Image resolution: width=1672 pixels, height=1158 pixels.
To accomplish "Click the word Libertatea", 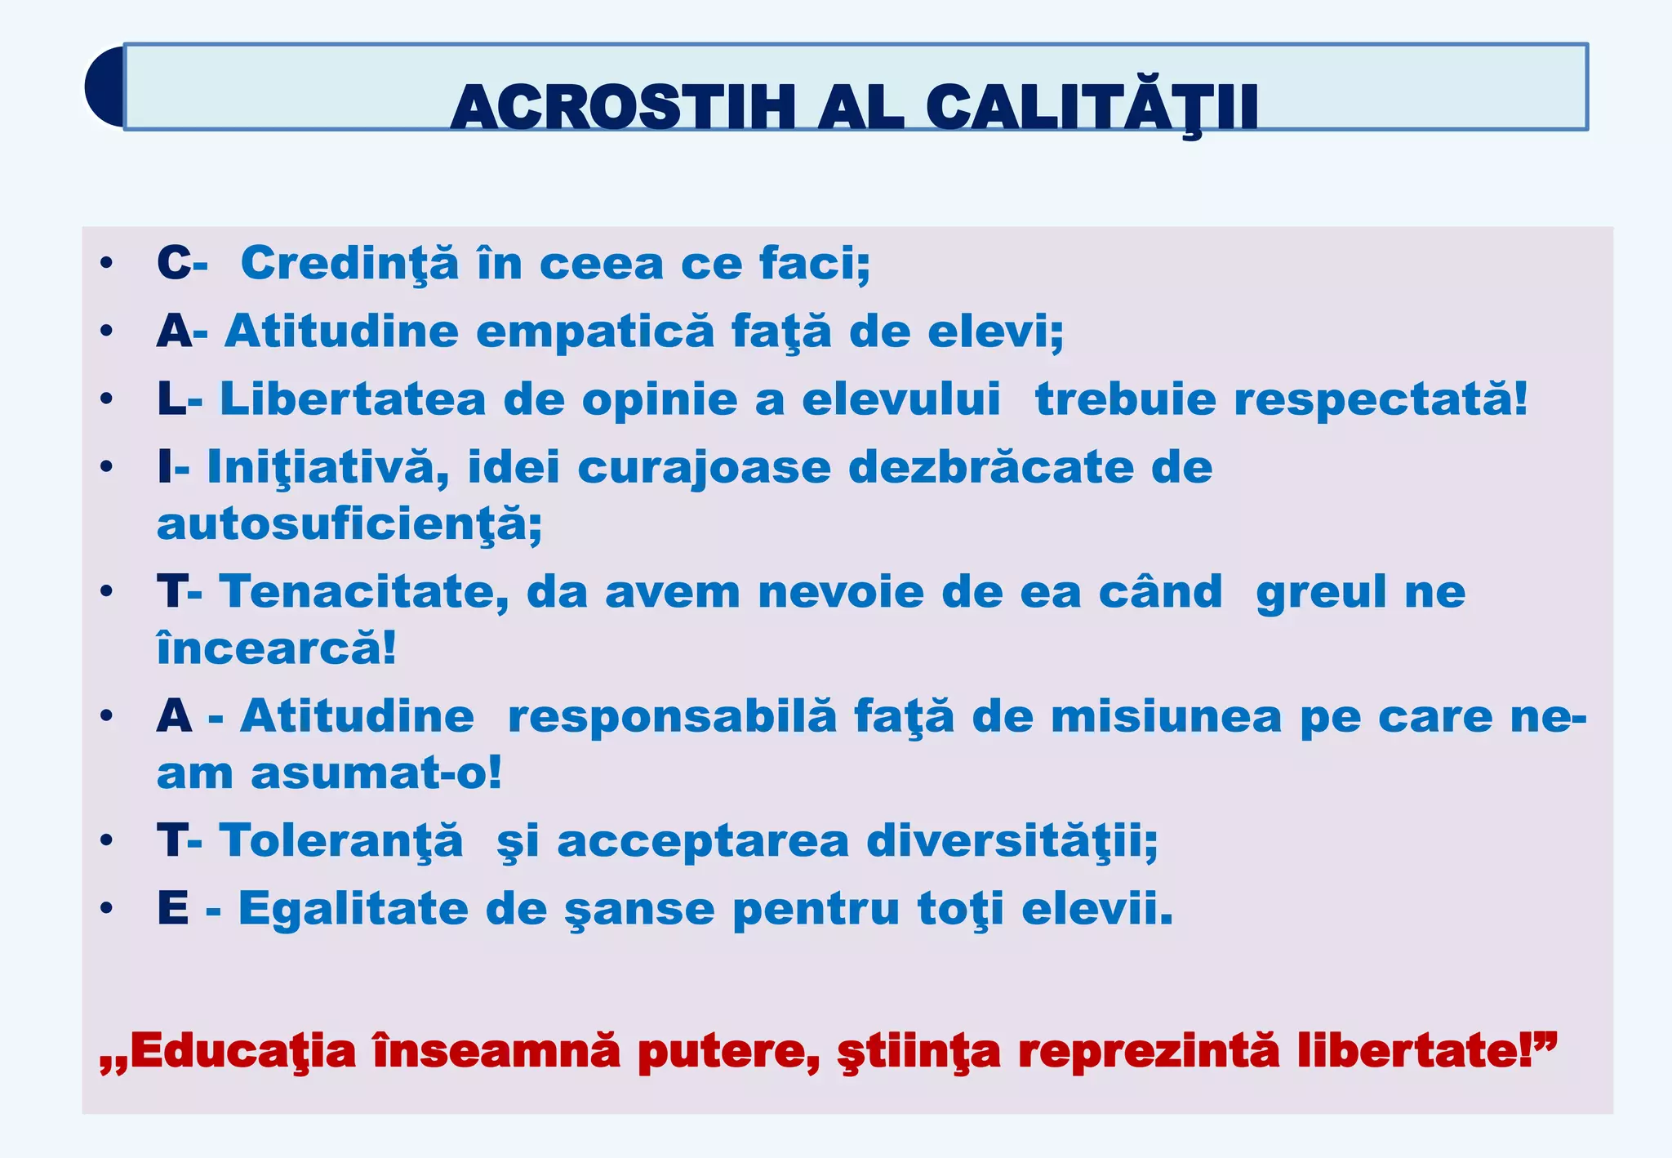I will pos(353,399).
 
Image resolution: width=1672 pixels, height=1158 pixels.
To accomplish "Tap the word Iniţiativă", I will pos(327,467).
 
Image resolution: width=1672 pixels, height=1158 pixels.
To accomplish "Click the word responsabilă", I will pos(672,716).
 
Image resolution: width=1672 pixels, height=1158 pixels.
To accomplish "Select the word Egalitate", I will pos(353,908).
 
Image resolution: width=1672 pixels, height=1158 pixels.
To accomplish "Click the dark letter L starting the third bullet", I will pos(171,399).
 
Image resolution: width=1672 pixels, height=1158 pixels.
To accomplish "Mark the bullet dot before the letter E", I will pos(106,908).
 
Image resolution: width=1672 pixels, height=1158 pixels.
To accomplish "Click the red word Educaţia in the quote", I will pos(242,1051).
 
